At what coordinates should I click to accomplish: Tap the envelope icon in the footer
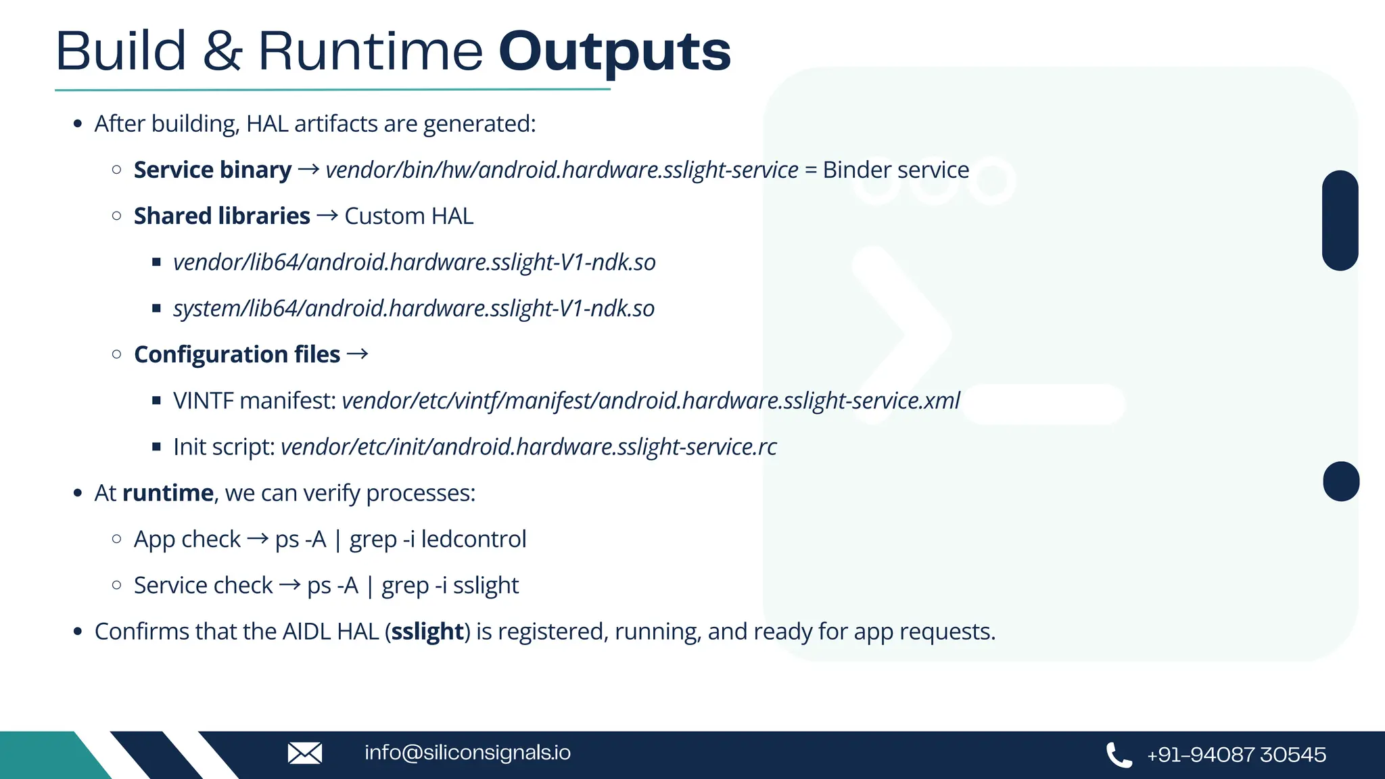pos(305,753)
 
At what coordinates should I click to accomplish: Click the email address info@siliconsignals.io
pos(467,753)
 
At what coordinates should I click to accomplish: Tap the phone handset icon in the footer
pos(1119,755)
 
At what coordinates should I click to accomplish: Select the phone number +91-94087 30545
pos(1236,755)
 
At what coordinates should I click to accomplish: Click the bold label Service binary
pos(212,170)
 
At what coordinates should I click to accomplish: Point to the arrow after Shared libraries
pos(327,216)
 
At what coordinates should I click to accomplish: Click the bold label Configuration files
pos(237,354)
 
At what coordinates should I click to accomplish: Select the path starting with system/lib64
pos(413,308)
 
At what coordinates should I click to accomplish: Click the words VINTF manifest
pos(254,401)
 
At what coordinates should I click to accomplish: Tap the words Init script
pos(224,447)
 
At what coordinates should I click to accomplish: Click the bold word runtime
pos(168,493)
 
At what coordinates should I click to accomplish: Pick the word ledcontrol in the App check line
pos(473,540)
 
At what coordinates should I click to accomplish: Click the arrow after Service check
pos(290,585)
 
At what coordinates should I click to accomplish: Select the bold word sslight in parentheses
pos(427,632)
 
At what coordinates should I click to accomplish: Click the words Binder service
pos(895,170)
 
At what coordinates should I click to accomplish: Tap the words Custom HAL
pos(408,216)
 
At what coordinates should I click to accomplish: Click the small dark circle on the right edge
pos(1340,481)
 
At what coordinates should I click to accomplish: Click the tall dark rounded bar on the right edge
pos(1340,220)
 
